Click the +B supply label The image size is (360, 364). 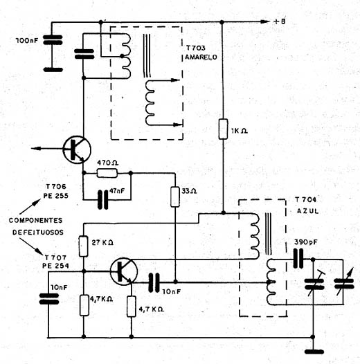(x=280, y=21)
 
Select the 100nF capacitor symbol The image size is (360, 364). (x=53, y=40)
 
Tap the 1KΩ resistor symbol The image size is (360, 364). (x=223, y=129)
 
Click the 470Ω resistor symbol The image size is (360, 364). (x=107, y=173)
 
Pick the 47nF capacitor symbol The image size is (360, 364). (x=103, y=199)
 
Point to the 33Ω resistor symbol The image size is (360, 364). (x=175, y=197)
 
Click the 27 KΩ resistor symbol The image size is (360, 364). (x=84, y=246)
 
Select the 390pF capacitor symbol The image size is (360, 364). (x=298, y=258)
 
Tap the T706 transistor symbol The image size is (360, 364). (x=77, y=149)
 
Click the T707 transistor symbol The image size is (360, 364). (x=124, y=271)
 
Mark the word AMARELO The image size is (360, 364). (x=201, y=57)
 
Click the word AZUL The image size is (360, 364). (x=307, y=211)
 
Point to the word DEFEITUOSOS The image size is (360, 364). (x=38, y=232)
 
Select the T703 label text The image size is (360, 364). (x=195, y=48)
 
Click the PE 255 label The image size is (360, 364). (x=56, y=196)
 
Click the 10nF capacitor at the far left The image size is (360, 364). (x=48, y=299)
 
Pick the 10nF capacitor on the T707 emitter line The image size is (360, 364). (x=154, y=282)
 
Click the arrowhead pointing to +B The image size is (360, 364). (x=264, y=22)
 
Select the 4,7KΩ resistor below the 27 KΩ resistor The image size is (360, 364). (x=84, y=305)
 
